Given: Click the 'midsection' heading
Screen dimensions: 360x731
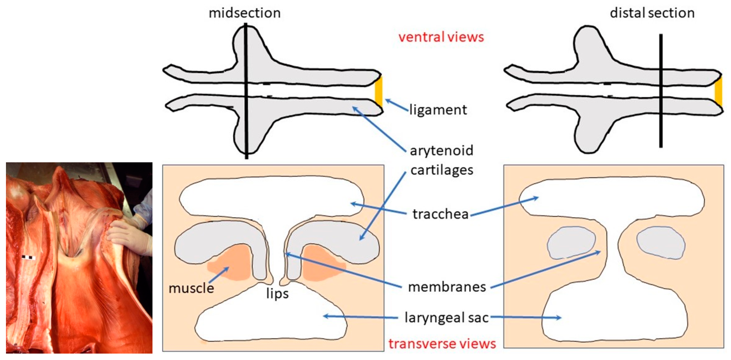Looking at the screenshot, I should click(x=245, y=13).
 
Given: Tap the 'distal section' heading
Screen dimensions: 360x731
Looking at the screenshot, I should click(x=652, y=13).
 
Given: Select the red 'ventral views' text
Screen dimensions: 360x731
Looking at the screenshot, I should click(x=441, y=37).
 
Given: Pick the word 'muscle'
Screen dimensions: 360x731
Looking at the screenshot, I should click(x=191, y=288).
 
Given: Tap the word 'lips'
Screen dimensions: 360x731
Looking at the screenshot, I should click(x=277, y=294).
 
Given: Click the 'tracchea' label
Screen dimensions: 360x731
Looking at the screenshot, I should click(x=440, y=214).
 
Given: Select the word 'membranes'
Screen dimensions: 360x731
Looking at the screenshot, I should click(x=447, y=287).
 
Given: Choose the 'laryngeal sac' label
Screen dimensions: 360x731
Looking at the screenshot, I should click(x=446, y=318).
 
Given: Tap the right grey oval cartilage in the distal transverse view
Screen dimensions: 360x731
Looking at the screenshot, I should click(x=661, y=243).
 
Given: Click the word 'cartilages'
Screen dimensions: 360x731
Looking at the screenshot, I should click(x=442, y=170).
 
